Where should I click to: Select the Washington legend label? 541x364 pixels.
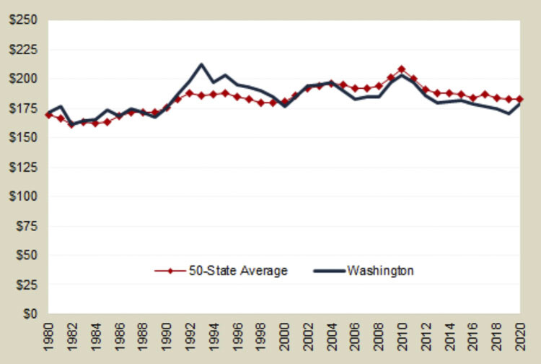click(380, 271)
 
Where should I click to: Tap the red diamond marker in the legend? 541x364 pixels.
click(170, 271)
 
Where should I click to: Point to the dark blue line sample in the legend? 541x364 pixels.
click(328, 271)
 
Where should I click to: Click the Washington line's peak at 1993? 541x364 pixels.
click(201, 64)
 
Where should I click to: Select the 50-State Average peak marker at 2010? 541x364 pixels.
click(402, 69)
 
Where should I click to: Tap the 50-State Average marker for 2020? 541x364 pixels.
click(519, 99)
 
